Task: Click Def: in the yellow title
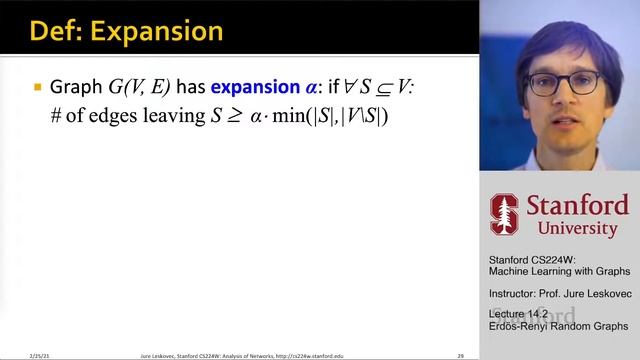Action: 56,30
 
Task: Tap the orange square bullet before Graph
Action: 38,87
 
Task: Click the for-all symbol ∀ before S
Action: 345,87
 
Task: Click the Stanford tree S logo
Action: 503,213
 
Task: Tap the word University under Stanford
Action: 572,229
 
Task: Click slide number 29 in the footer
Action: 461,355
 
